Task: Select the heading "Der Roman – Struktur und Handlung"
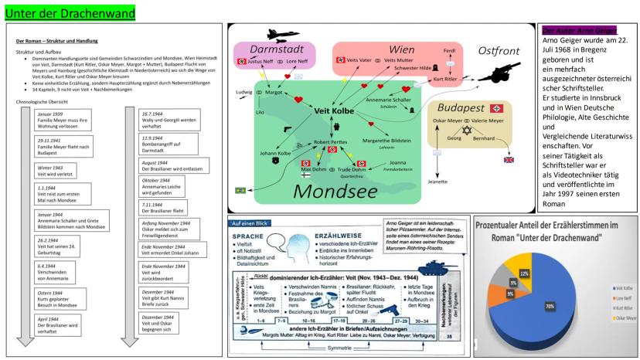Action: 63,40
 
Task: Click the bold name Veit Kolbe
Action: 333,110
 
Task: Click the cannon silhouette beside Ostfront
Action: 499,71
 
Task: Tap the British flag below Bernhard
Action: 509,159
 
